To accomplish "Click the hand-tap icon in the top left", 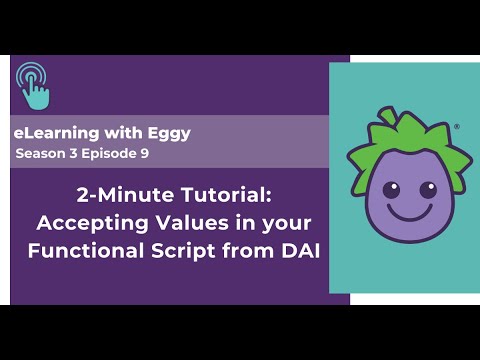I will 34,86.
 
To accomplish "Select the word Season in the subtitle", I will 39,154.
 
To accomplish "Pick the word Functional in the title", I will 76,250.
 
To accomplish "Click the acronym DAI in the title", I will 296,250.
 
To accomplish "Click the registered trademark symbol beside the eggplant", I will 457,127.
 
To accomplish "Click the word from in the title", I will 244,250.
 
